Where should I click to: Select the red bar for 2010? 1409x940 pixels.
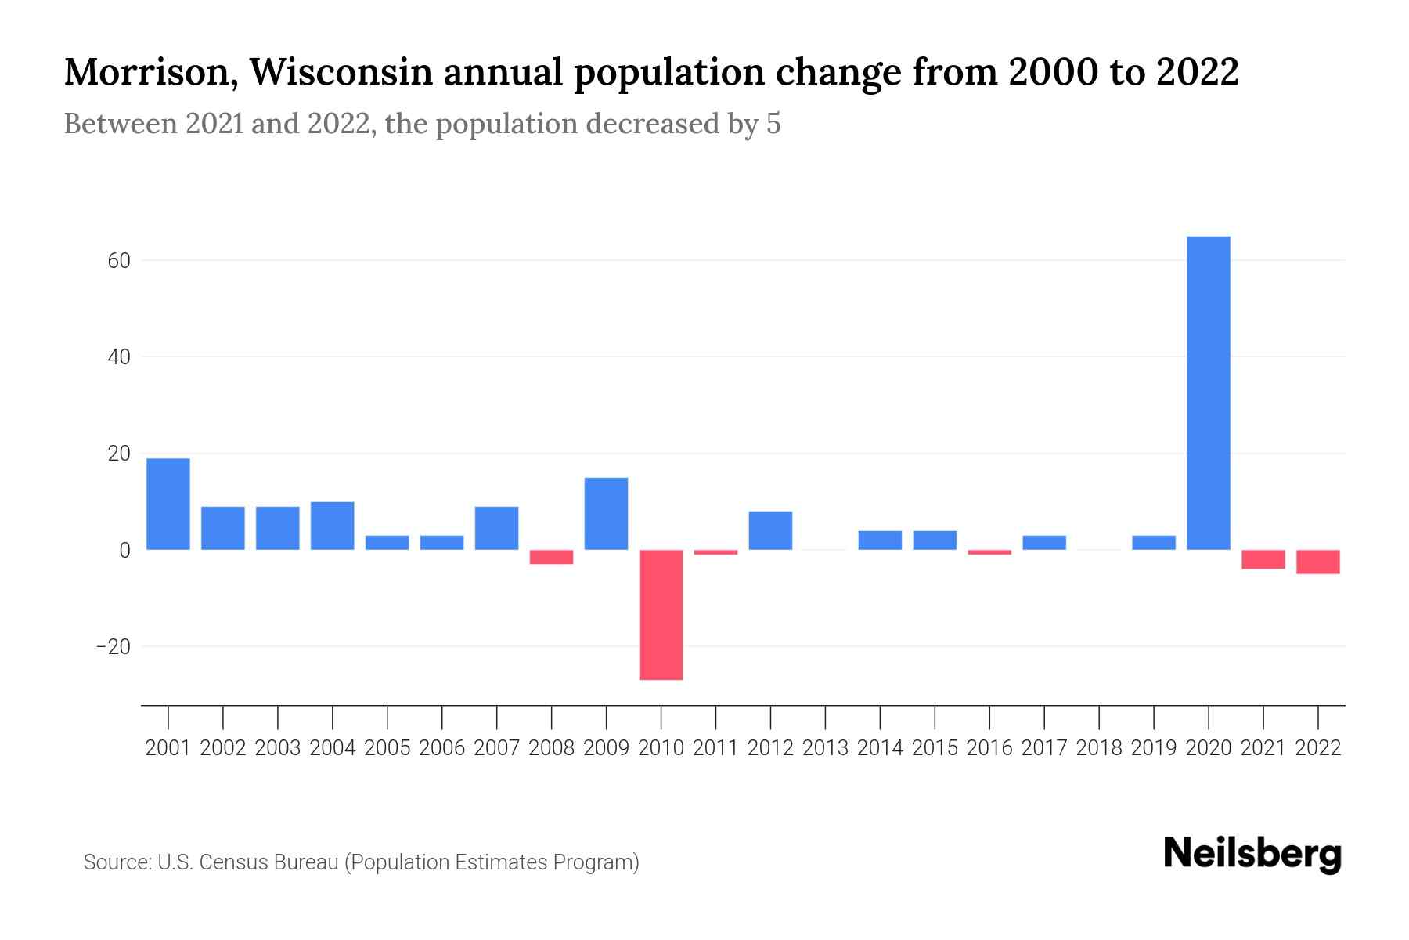[661, 615]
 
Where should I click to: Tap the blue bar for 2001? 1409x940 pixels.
[168, 504]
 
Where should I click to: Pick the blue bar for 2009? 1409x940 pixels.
[606, 514]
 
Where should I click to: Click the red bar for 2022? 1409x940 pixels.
[1318, 562]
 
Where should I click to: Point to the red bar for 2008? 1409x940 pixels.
[551, 557]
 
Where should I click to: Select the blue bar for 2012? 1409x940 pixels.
[770, 530]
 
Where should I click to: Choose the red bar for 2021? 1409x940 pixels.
[1263, 559]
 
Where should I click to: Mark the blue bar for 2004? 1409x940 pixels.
[333, 526]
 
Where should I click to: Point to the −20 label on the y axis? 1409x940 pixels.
[113, 647]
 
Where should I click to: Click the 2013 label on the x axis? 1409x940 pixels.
[825, 748]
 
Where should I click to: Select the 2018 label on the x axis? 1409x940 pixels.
[1099, 748]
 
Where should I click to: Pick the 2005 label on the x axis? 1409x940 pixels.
[387, 748]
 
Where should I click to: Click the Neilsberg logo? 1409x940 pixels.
[1252, 854]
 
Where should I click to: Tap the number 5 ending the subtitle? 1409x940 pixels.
[773, 124]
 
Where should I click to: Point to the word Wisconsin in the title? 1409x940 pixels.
[341, 73]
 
